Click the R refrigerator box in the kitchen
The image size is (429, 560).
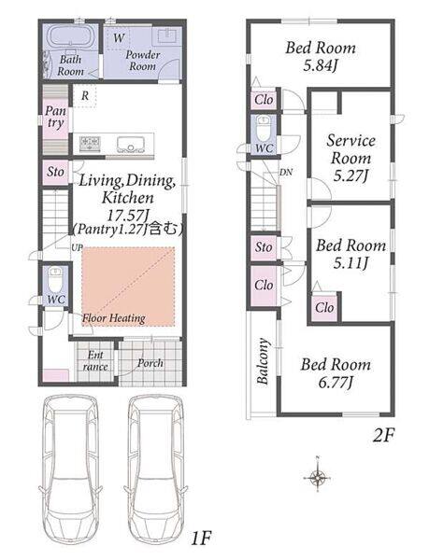point(85,96)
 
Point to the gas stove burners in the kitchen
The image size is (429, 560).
point(90,144)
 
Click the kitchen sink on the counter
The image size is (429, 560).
point(131,144)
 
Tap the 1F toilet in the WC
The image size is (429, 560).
point(55,279)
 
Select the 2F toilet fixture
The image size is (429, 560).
point(264,130)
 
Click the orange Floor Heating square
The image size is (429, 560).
point(128,287)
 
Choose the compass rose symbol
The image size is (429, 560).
point(318,476)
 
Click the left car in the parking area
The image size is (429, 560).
point(71,473)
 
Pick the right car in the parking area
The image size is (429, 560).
point(156,473)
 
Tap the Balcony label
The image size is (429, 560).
point(264,360)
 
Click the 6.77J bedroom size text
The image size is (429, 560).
point(336,383)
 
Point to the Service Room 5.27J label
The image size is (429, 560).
point(350,158)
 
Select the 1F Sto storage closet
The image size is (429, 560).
point(56,172)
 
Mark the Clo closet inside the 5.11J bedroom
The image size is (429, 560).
point(324,307)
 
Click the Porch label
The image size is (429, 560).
point(150,363)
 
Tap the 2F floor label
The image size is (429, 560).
point(383,436)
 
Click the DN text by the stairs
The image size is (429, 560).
point(286,173)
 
